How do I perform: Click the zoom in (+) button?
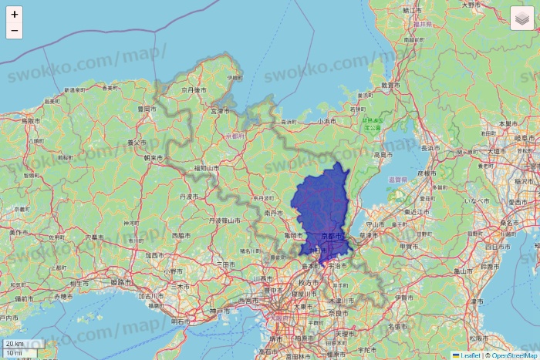pos(14,14)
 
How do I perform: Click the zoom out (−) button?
pos(14,31)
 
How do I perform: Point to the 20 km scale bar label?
pos(14,343)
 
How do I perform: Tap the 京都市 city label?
pos(331,235)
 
